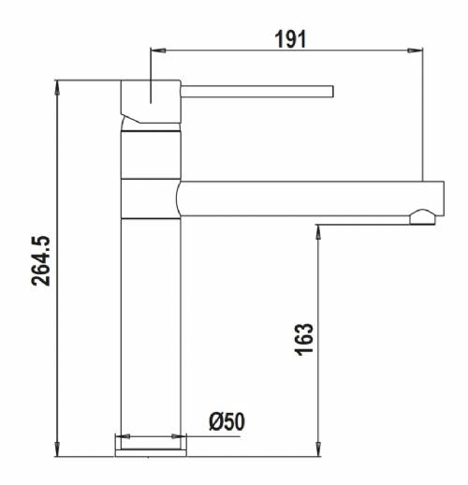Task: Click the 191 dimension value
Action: coord(290,39)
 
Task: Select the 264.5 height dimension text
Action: coord(41,261)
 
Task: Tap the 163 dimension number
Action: coord(303,340)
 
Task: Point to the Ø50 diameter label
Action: coord(227,421)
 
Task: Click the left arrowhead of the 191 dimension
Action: coord(158,51)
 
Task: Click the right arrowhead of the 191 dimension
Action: coord(416,51)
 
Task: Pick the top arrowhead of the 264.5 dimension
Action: coord(57,88)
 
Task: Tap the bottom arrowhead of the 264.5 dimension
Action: coord(57,449)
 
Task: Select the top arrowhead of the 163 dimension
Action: coord(318,232)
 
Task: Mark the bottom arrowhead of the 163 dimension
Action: coord(318,449)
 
